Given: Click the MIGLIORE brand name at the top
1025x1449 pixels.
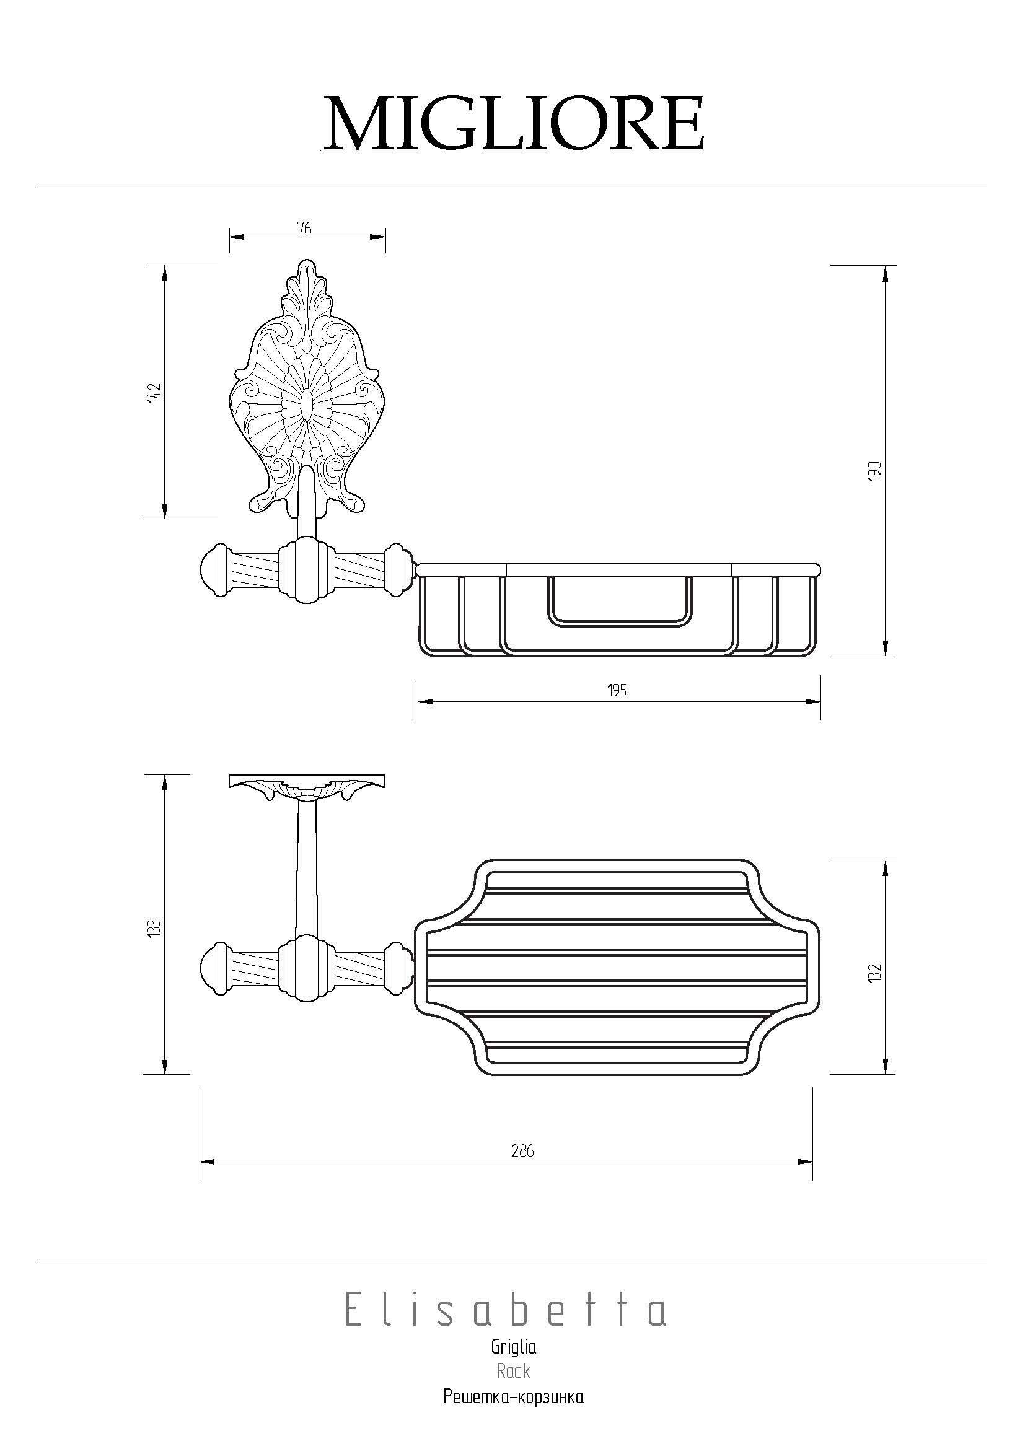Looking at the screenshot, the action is pyautogui.click(x=514, y=123).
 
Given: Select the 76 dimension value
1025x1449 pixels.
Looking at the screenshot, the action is pyautogui.click(x=304, y=229).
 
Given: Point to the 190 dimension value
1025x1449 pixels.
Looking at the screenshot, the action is pyautogui.click(x=874, y=471).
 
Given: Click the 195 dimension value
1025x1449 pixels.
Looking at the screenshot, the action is pyautogui.click(x=617, y=691).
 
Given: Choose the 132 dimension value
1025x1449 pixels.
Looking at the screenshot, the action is pyautogui.click(x=874, y=973).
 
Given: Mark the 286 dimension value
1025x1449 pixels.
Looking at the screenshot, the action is pyautogui.click(x=523, y=1151).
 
